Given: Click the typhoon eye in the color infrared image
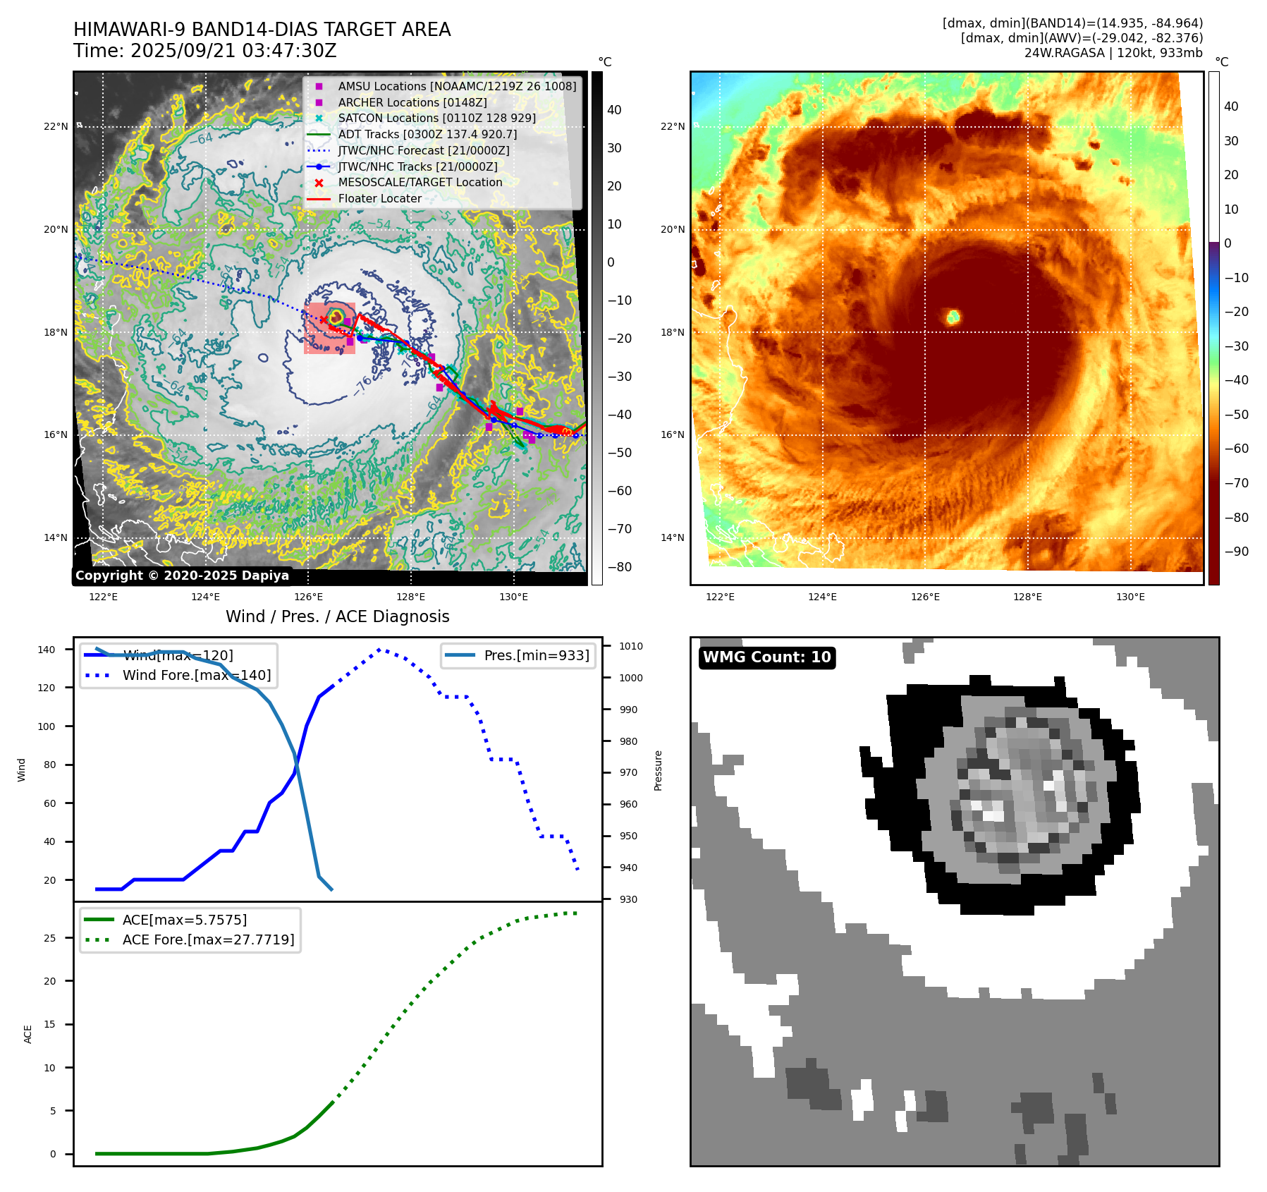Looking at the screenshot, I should (953, 317).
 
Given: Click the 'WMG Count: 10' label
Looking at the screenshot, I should (766, 657).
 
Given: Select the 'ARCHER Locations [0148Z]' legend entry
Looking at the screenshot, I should (412, 102).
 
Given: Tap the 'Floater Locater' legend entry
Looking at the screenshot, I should (379, 198).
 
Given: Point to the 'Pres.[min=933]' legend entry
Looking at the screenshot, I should (536, 655).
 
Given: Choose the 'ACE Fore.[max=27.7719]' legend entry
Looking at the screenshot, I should (208, 939).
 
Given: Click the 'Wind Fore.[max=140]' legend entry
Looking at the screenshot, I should (196, 675).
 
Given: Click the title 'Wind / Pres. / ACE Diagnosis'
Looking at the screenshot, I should (337, 616).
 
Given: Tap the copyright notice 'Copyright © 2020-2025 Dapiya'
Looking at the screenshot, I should (182, 576).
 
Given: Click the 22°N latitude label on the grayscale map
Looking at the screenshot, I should (56, 127).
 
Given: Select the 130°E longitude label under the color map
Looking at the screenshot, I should (1130, 597).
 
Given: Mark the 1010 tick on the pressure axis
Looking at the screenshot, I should (630, 646).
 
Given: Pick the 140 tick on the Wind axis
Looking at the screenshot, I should (47, 650).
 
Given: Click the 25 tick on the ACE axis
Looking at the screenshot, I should (49, 938).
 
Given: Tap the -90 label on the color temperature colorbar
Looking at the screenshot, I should (1236, 552).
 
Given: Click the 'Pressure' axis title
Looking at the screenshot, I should (658, 770).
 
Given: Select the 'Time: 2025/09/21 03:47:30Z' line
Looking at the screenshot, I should (204, 51).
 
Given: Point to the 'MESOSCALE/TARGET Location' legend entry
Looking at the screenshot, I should (420, 182).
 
